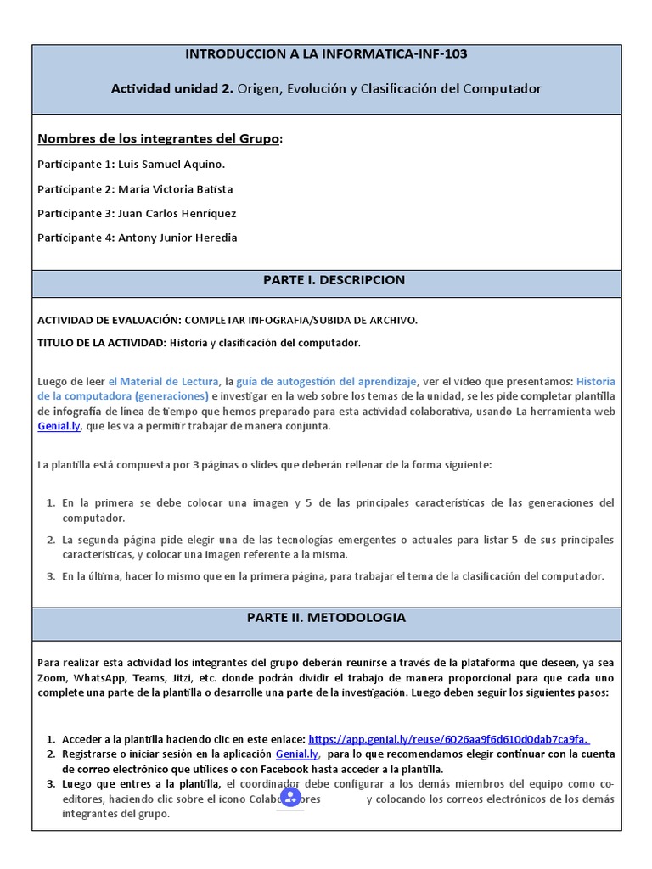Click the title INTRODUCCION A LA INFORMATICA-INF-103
point(326,54)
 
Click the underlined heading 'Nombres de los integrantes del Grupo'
point(159,138)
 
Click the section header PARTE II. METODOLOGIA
point(326,618)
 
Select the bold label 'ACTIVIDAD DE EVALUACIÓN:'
point(110,320)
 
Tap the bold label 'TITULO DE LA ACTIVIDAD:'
point(102,343)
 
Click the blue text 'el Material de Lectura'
point(164,382)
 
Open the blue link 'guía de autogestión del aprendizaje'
point(327,382)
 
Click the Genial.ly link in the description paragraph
point(59,426)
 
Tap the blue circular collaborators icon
point(290,797)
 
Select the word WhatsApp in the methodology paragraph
point(101,678)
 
